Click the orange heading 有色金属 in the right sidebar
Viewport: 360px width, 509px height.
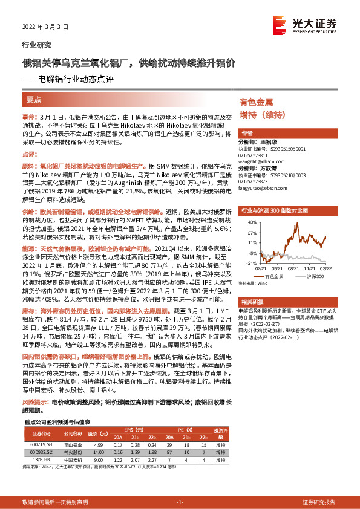point(256,103)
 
